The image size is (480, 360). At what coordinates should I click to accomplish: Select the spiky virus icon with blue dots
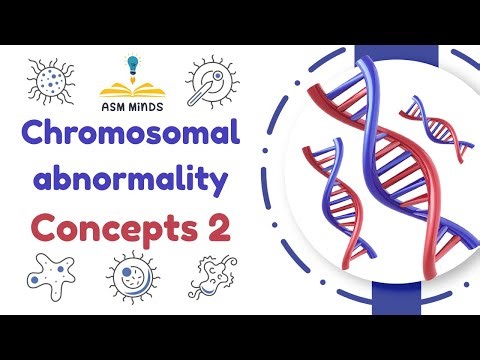coord(50,77)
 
